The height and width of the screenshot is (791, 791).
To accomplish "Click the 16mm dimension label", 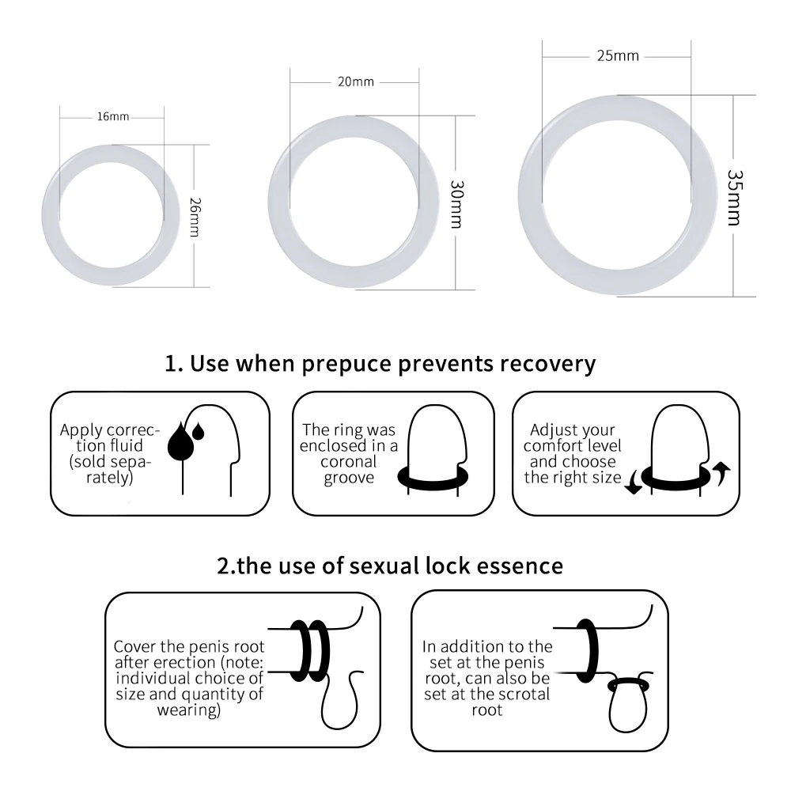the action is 113,117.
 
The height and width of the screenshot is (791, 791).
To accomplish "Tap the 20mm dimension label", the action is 354,81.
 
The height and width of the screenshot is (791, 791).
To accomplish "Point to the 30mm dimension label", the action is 456,204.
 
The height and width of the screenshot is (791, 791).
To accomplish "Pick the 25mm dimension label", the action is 618,56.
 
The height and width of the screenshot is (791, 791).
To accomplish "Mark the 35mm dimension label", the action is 734,197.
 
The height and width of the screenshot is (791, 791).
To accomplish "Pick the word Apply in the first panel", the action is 81,431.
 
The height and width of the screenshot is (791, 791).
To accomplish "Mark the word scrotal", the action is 518,694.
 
